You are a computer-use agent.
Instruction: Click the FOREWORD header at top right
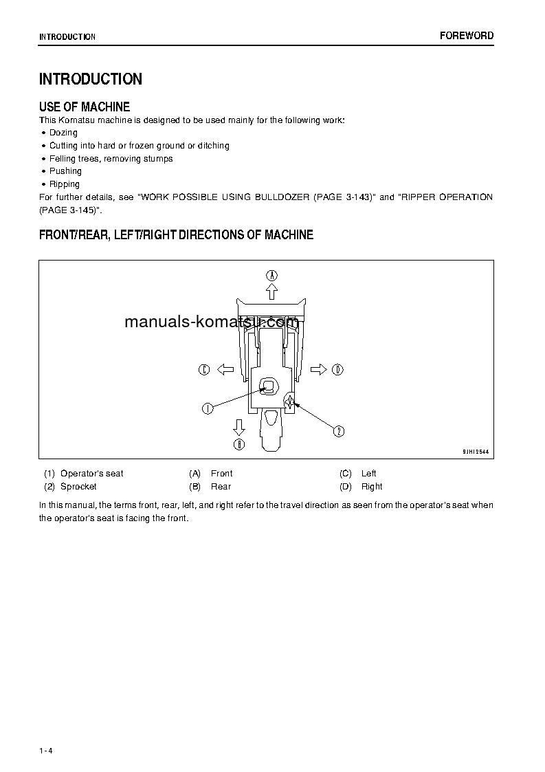tap(467, 36)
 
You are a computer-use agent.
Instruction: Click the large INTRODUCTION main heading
tap(91, 79)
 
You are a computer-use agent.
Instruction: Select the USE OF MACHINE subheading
tap(85, 107)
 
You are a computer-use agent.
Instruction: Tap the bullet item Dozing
tap(63, 133)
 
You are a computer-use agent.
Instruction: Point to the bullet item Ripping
tap(65, 184)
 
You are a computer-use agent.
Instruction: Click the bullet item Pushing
tap(65, 171)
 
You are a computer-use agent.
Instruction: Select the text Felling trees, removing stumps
tap(111, 159)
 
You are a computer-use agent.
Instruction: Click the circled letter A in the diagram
tap(272, 275)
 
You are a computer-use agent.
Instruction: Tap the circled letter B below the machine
tap(238, 444)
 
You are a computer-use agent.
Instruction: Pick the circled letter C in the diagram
tap(204, 370)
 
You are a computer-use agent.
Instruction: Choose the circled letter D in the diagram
tap(337, 370)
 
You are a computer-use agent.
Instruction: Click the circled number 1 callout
tap(207, 408)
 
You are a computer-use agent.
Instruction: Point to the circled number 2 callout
tap(339, 432)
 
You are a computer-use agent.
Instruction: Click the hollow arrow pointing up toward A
tap(272, 291)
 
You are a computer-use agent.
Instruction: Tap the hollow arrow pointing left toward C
tap(225, 370)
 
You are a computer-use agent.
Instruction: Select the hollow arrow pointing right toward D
tap(318, 370)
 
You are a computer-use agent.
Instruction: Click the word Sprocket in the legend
tap(78, 487)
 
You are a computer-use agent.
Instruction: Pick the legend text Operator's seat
tap(92, 474)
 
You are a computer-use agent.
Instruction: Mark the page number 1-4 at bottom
tap(46, 750)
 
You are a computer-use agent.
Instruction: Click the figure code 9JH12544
tap(476, 452)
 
